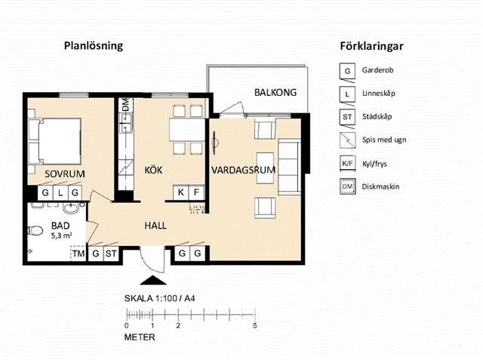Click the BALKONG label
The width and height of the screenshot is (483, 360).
coord(275,92)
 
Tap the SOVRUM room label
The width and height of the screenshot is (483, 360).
coord(65,174)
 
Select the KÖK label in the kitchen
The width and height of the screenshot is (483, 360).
coord(153,170)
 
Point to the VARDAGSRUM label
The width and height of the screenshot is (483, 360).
coord(243,170)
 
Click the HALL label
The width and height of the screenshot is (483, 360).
coord(155,226)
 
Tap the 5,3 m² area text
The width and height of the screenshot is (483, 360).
coord(62,236)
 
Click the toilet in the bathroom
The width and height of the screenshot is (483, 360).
coord(35,230)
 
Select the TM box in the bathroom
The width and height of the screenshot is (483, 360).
coord(78,254)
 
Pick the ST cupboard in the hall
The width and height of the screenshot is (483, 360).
coord(111,254)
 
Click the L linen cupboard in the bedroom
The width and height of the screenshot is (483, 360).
coord(60,193)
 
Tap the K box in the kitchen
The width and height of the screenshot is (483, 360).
coord(181,192)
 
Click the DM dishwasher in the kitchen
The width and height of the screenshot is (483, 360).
coord(126,106)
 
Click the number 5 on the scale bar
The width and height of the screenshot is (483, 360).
coord(255,325)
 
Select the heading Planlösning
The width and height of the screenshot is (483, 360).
coord(94,46)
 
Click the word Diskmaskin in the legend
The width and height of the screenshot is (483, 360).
coord(380,186)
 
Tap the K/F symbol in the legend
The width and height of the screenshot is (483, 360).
coord(347,164)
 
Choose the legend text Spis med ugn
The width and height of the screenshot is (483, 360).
coord(384,140)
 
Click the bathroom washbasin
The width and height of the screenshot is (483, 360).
coord(72,208)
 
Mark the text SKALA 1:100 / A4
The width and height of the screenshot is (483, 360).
coord(159,298)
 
